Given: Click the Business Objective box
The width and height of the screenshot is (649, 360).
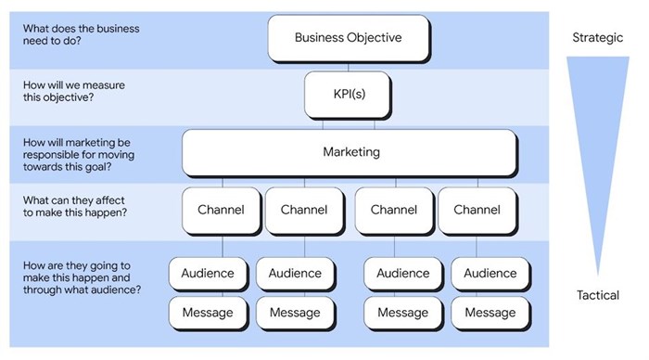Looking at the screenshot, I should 349,38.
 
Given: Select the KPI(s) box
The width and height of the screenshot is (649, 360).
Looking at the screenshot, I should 349,96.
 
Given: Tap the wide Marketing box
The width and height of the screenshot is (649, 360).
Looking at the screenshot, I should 349,152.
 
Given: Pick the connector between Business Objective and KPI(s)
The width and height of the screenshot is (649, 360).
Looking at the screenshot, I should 349,67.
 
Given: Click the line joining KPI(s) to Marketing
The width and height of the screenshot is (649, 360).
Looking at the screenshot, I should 349,124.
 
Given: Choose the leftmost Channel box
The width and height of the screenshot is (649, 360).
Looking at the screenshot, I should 221,210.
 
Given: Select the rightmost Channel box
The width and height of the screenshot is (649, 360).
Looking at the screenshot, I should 477,210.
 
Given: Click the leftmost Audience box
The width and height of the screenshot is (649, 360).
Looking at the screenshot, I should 208,274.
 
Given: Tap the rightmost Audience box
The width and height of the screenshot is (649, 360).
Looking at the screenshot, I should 490,274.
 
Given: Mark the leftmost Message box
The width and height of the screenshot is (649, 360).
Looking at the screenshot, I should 208,313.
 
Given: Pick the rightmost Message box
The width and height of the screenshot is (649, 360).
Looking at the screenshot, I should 490,313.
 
